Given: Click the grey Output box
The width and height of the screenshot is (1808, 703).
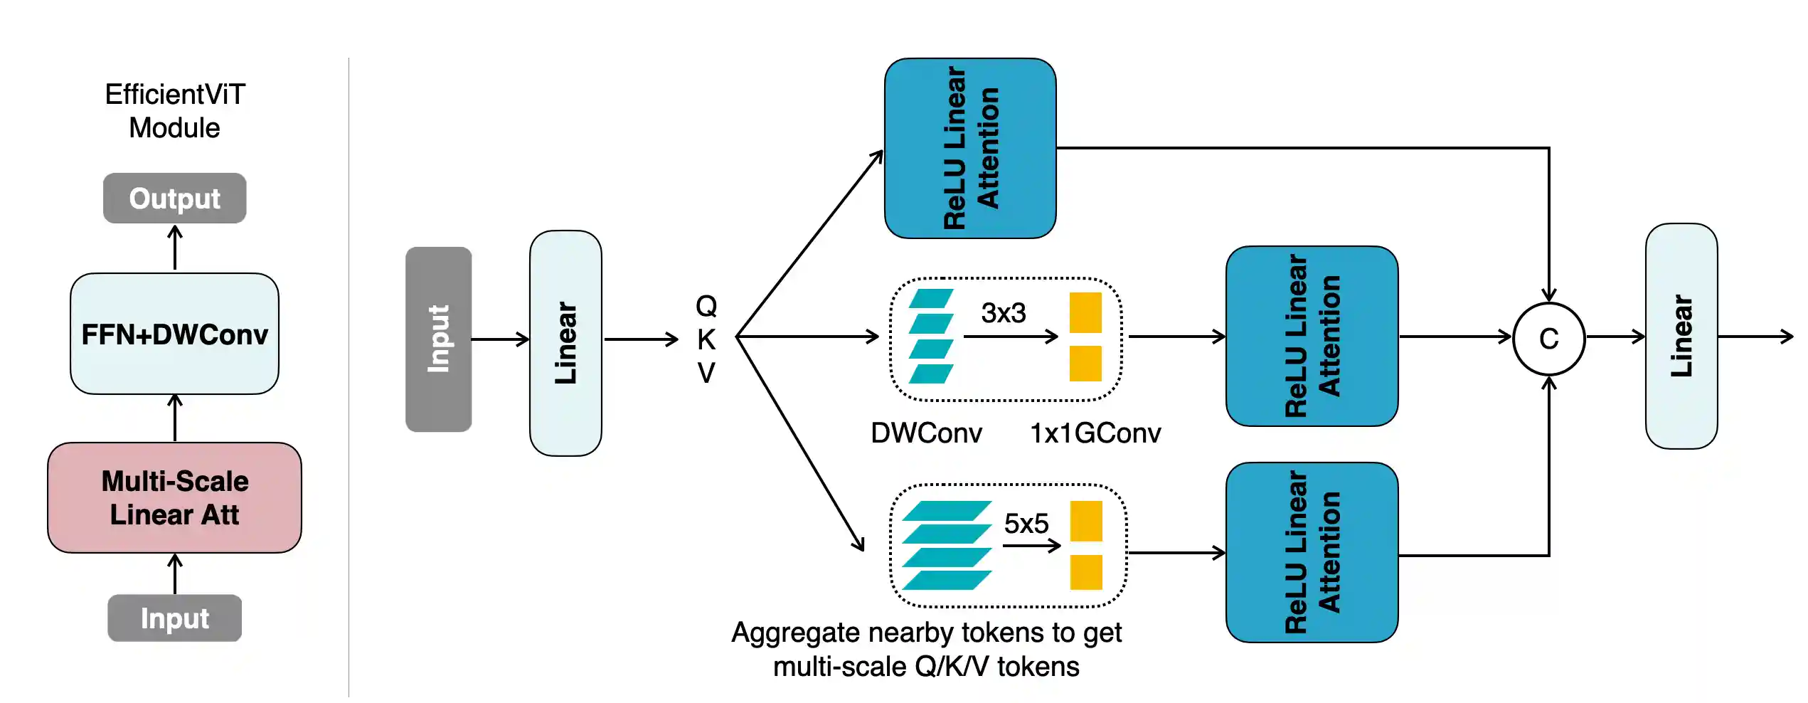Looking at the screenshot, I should point(174,199).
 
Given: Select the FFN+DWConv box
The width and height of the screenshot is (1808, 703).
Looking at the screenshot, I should point(174,334).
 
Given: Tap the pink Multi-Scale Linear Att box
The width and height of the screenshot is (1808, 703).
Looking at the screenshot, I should point(174,497).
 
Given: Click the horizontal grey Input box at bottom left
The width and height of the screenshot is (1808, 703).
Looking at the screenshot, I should point(174,618).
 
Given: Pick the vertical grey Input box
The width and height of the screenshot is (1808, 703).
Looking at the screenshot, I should point(438,339).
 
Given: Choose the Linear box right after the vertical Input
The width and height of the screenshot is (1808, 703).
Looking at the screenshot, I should point(565,343).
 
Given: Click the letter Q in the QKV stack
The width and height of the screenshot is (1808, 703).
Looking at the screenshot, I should point(706,306).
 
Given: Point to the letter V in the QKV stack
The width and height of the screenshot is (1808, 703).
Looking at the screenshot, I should point(706,373).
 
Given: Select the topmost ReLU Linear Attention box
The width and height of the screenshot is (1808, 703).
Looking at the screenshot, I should point(970,148).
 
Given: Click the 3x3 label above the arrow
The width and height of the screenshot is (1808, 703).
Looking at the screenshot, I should point(1004,313).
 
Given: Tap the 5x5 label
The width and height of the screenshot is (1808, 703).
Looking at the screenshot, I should point(1026,524).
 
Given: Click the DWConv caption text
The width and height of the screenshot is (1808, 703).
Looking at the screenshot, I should point(926,433).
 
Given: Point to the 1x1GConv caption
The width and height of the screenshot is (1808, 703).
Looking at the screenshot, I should point(1095,433).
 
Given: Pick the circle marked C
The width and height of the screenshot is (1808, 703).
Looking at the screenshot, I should point(1548,339).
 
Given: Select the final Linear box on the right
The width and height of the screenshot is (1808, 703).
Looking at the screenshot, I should point(1681,336).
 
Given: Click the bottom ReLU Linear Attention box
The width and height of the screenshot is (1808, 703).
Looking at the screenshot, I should point(1312,552).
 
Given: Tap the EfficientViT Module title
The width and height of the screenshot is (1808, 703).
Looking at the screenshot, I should point(175,111).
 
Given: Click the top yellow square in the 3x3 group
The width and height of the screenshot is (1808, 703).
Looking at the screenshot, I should point(1085,313).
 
